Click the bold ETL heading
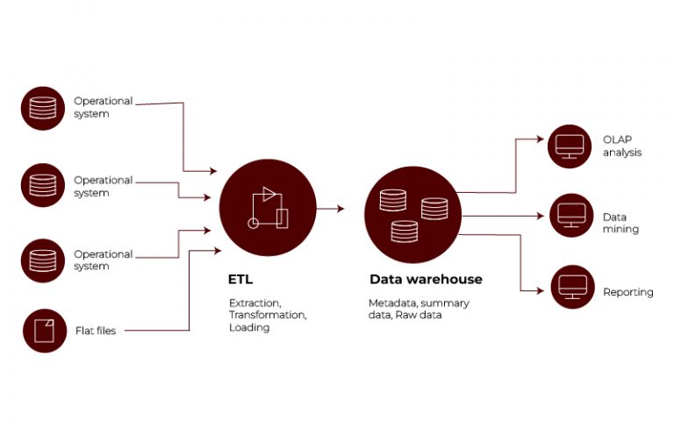coord(240,280)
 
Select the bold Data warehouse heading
coord(425,280)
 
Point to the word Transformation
coord(267,314)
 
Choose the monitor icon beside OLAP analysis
coord(570,146)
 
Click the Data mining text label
coord(620,223)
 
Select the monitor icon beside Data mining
coord(572,216)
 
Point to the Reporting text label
coord(627,292)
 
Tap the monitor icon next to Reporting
coord(572,287)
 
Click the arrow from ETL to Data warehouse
coord(330,209)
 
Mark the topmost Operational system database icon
coord(42,109)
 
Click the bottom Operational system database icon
coord(42,260)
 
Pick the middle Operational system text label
coord(103,186)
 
